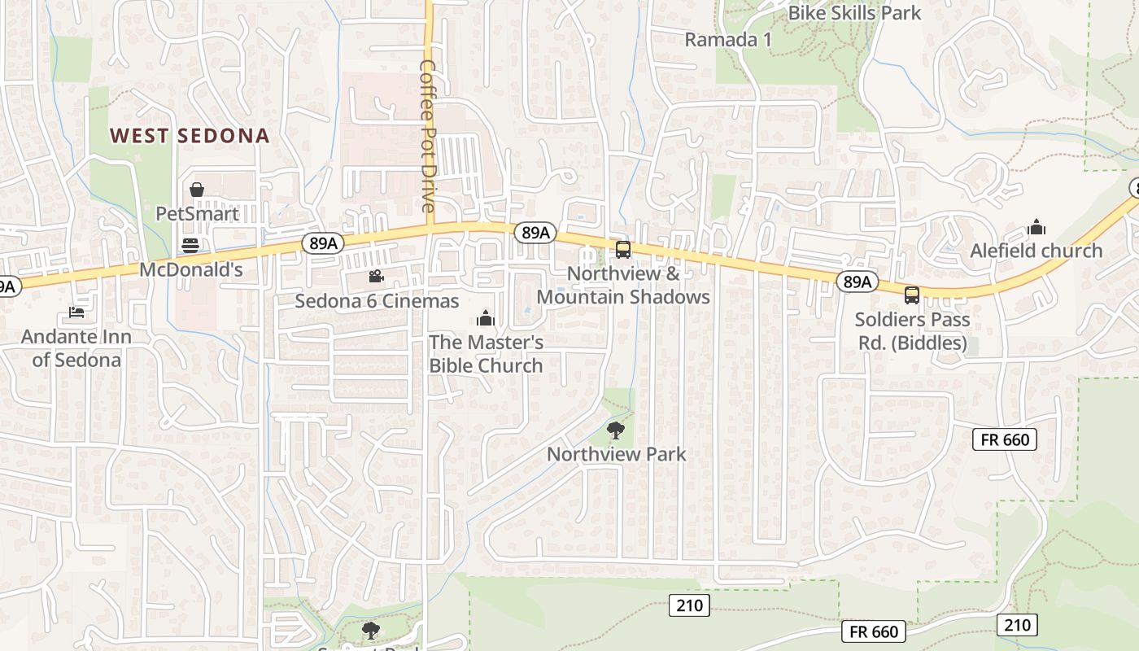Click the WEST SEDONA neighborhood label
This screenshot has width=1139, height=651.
(190, 135)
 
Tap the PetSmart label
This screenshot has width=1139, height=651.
(198, 214)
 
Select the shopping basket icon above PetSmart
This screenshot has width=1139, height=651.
(197, 190)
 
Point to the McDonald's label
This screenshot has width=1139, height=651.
(191, 269)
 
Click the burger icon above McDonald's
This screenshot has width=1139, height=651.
(190, 245)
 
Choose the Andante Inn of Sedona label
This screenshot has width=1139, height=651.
(76, 348)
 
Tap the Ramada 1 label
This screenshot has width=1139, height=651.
(727, 39)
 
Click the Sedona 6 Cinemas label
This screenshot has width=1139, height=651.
(377, 300)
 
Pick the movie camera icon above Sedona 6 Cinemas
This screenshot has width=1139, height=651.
(375, 277)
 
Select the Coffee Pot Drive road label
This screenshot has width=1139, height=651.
(429, 135)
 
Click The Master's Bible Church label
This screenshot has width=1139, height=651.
(486, 354)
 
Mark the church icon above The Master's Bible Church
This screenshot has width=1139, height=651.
(486, 317)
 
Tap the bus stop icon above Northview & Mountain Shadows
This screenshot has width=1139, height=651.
(623, 250)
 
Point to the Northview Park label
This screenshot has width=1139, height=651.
(617, 454)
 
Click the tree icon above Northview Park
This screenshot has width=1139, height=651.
(616, 430)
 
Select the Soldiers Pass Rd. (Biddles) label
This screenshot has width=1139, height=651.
(912, 331)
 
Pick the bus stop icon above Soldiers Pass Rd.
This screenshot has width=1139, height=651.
(912, 295)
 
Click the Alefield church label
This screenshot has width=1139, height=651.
(1036, 251)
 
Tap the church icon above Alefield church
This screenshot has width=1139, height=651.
(1036, 226)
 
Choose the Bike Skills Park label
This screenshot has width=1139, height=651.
(854, 13)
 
